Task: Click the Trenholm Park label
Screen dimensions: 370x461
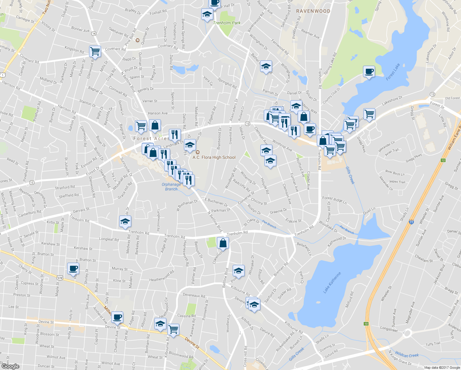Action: pyautogui.click(x=226, y=23)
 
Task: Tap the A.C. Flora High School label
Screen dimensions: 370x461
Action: pyautogui.click(x=214, y=157)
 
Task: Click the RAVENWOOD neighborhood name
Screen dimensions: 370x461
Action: pyautogui.click(x=313, y=11)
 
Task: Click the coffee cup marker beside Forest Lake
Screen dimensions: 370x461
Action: pyautogui.click(x=369, y=72)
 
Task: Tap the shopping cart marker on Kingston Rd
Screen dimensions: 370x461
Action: pyautogui.click(x=95, y=51)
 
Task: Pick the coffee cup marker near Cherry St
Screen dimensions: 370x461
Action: pyautogui.click(x=73, y=268)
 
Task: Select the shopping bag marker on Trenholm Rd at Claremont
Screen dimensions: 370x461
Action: pyautogui.click(x=223, y=243)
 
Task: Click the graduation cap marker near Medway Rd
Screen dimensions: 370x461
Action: pyautogui.click(x=125, y=221)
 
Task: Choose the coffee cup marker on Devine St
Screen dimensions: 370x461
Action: pyautogui.click(x=117, y=317)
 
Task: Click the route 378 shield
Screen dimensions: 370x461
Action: pyautogui.click(x=59, y=278)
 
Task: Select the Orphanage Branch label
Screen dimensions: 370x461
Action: pyautogui.click(x=171, y=187)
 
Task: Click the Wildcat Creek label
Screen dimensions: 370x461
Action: pyautogui.click(x=407, y=355)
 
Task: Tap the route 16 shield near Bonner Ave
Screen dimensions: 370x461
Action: pyautogui.click(x=94, y=34)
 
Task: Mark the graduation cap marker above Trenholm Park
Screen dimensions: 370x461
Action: pyautogui.click(x=207, y=14)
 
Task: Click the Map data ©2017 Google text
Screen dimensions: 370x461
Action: pyautogui.click(x=442, y=368)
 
